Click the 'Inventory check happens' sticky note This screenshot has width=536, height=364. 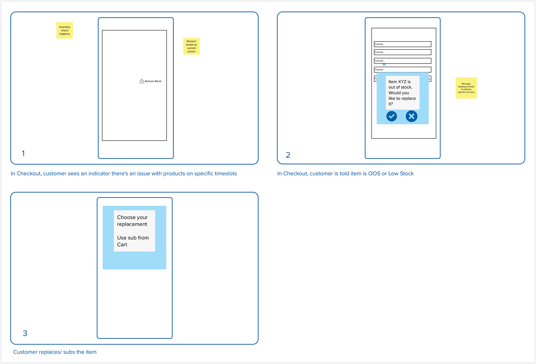(x=65, y=30)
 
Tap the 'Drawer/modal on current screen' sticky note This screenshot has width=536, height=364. (x=191, y=46)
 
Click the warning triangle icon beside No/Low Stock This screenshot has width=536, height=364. (x=142, y=81)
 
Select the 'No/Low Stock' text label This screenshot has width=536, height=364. (x=153, y=81)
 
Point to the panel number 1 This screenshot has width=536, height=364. (x=23, y=153)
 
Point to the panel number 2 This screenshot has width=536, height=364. (x=288, y=155)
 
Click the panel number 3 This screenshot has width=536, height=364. (x=25, y=333)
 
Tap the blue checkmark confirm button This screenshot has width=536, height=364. (x=392, y=116)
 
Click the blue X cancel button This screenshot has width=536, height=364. (x=411, y=116)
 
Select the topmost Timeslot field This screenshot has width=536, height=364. (x=403, y=44)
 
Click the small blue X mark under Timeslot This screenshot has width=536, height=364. (x=384, y=64)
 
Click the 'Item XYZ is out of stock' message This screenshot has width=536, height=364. (x=402, y=93)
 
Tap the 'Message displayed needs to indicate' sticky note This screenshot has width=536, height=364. (x=466, y=88)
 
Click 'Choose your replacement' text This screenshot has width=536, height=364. (x=132, y=221)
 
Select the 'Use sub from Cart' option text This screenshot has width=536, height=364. (x=133, y=241)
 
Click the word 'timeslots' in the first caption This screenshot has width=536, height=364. (x=226, y=174)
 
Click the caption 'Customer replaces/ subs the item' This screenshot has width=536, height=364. (x=55, y=352)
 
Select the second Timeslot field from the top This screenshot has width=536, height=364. (x=403, y=52)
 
